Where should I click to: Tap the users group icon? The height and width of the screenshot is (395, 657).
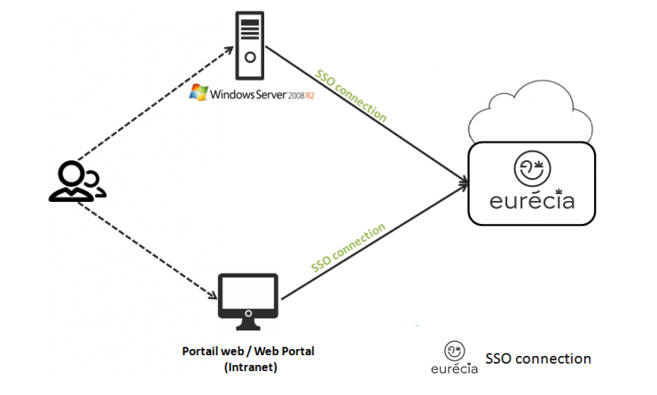coord(76,182)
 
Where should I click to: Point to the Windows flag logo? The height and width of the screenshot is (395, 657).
coord(199,93)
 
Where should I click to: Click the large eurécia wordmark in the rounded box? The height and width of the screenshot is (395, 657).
coord(532,200)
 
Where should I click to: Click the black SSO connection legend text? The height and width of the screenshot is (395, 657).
coord(537,359)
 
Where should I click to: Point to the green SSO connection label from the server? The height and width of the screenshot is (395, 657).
coord(351,97)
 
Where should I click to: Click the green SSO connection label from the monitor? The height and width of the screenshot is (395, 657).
coord(348,248)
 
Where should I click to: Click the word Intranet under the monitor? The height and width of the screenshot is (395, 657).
coord(251,367)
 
